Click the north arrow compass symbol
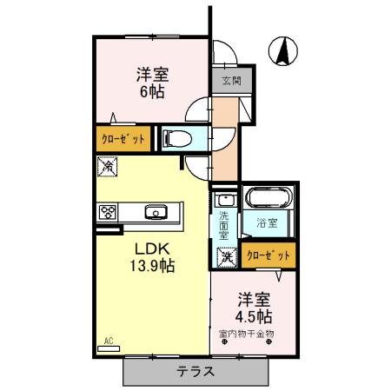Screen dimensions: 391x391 click(283, 51)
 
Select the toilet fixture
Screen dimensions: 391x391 click(174, 137)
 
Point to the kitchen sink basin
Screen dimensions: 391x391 click(157, 211)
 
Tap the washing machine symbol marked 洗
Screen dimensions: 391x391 click(226, 256)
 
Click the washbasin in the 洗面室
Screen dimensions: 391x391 click(224, 199)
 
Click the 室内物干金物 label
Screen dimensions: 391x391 click(253, 333)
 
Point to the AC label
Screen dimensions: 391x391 click(109, 341)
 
